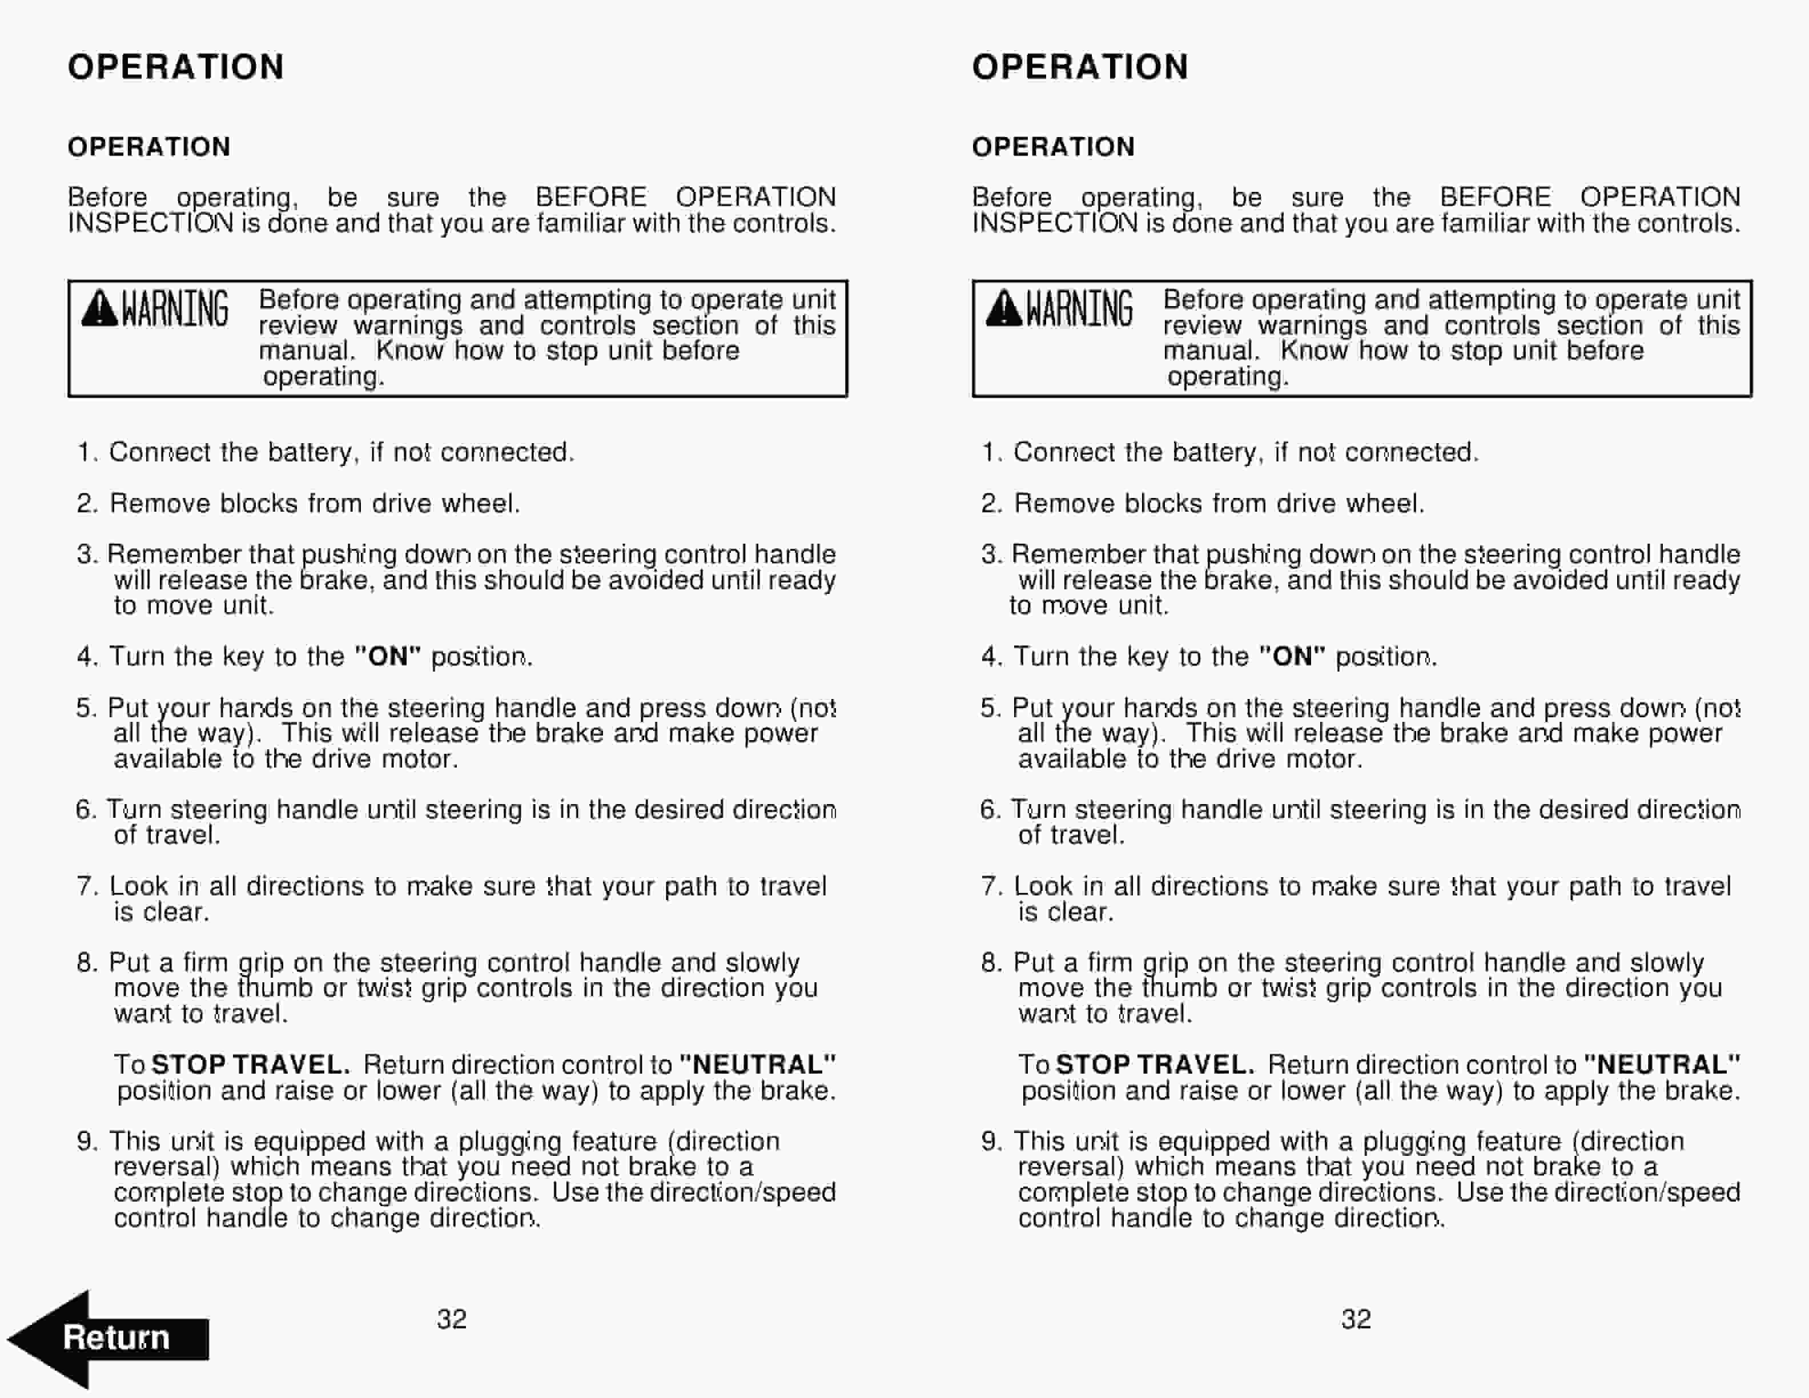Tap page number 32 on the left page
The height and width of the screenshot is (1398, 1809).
coord(452,1319)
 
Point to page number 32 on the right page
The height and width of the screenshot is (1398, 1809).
coord(1356,1319)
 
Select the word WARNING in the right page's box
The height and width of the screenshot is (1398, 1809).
coord(1079,309)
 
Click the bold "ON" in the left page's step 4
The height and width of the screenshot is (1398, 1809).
coord(388,657)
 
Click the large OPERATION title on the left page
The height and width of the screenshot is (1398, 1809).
coord(176,67)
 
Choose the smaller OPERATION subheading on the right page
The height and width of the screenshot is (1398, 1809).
coord(1053,147)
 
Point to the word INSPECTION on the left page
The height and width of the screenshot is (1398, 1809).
coord(150,224)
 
